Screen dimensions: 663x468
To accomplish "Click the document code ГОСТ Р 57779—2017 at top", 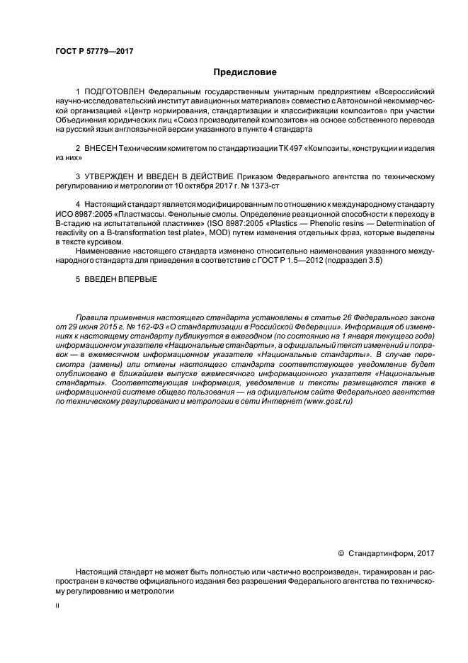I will coord(94,52).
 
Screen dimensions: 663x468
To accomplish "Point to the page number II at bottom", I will coord(58,607).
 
